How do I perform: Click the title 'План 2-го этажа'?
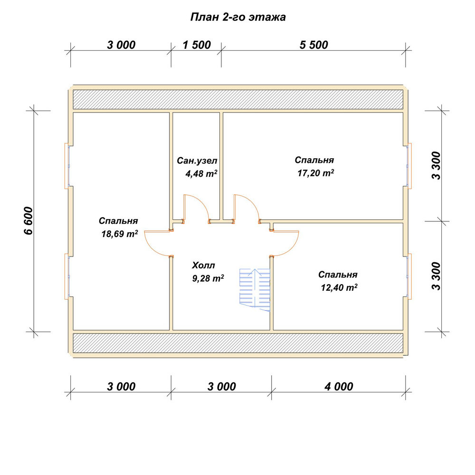tap(238, 17)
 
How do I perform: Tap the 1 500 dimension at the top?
tap(197, 45)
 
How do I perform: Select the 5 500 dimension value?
tap(313, 45)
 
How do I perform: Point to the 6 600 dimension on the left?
tap(28, 221)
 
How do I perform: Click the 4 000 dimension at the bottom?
tap(339, 387)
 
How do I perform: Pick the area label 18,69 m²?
tap(120, 234)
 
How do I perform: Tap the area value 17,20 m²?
tap(316, 173)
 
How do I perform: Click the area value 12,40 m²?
tap(339, 287)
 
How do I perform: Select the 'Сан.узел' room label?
tap(197, 161)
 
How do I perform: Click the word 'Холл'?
tap(204, 266)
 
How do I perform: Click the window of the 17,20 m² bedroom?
tap(409, 166)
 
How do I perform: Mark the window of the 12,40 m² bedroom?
tap(409, 276)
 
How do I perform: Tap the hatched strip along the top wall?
tap(238, 99)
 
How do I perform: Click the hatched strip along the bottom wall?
tap(238, 343)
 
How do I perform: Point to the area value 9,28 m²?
tap(208, 278)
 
